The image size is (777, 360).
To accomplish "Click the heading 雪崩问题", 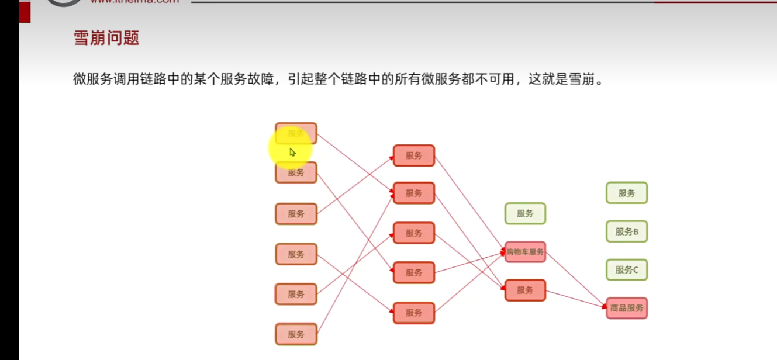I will click(x=106, y=38).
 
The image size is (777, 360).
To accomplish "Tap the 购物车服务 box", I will click(x=525, y=252).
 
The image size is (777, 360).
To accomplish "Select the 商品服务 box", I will click(x=627, y=308).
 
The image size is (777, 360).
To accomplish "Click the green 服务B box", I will click(x=627, y=231).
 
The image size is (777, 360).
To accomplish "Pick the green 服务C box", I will click(x=627, y=270).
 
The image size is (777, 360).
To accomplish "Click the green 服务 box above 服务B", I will click(x=627, y=193).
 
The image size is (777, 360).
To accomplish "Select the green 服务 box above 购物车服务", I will click(x=525, y=213).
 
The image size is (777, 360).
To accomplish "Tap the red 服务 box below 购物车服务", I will click(x=525, y=290).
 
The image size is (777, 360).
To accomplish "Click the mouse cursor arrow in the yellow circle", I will click(x=292, y=153).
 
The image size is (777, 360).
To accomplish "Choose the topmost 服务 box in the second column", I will click(x=414, y=155).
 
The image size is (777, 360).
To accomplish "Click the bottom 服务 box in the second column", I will click(x=414, y=313).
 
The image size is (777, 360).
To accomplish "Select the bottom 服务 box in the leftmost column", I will click(x=296, y=334).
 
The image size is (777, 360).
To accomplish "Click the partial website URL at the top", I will click(x=134, y=2).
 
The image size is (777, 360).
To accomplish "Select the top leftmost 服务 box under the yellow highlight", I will click(x=296, y=133).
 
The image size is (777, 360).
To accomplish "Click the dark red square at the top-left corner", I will click(x=25, y=12).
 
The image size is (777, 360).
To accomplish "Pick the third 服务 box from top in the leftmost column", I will click(x=296, y=214).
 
